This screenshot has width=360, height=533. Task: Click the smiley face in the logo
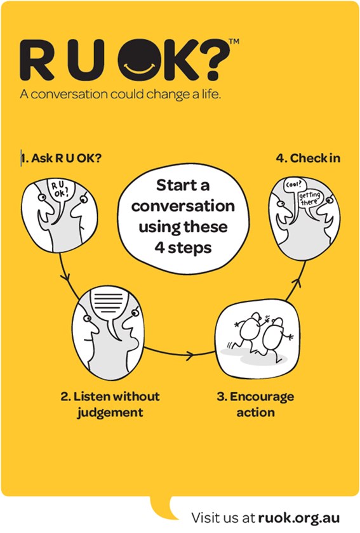(x=140, y=60)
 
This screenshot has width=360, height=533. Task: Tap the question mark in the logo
(x=213, y=60)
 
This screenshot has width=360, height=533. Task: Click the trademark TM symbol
(x=234, y=41)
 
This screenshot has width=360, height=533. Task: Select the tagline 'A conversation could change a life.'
(x=121, y=94)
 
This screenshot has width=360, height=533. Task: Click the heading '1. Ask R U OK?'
(x=61, y=158)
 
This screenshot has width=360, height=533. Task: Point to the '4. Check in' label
(x=308, y=158)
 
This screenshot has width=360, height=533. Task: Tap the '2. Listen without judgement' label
(x=110, y=405)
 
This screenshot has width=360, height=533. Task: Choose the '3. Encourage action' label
(x=255, y=405)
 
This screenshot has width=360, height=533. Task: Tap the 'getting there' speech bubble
(x=310, y=200)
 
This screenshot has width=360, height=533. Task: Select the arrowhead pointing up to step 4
(x=298, y=282)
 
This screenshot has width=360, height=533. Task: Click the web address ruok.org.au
(x=299, y=518)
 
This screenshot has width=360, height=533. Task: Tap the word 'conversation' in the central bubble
(x=183, y=206)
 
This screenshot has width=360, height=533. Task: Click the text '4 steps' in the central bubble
(x=183, y=248)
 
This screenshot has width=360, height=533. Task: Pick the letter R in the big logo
(x=37, y=60)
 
